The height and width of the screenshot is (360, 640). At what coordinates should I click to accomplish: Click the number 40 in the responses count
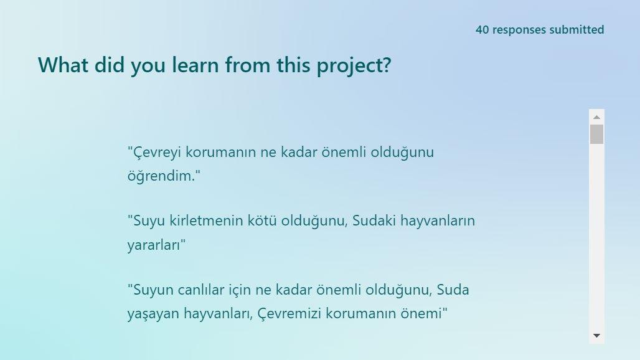(482, 30)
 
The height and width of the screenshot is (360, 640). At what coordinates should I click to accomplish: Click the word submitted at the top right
(576, 30)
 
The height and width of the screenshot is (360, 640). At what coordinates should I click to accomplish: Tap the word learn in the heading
(195, 65)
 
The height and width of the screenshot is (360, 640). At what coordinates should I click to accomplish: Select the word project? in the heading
(354, 66)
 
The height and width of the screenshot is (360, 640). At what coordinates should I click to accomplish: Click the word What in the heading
(63, 65)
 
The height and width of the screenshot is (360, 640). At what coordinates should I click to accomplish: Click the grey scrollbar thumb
(596, 135)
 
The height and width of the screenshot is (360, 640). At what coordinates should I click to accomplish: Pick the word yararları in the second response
(154, 245)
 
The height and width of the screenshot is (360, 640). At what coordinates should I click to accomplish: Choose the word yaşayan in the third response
(153, 314)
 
